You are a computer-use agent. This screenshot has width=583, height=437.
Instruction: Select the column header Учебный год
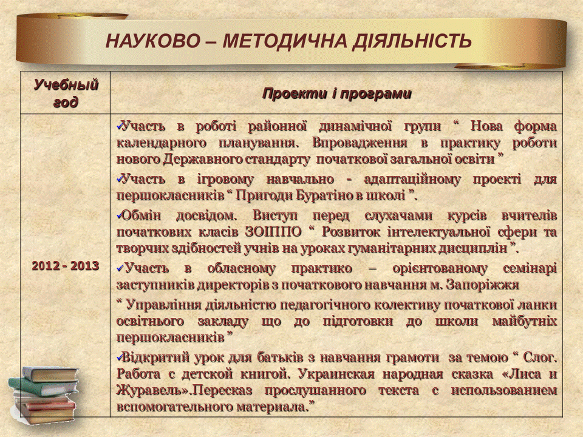[66, 93]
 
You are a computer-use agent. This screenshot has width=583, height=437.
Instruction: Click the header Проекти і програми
[337, 93]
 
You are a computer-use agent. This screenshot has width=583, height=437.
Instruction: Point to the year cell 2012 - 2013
[66, 266]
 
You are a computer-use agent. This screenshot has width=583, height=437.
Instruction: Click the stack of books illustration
[44, 395]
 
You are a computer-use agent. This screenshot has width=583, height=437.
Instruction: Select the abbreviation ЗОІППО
[273, 232]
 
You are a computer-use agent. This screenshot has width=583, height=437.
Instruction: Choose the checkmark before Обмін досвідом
[119, 215]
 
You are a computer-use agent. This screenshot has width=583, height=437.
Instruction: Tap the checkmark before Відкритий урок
[119, 357]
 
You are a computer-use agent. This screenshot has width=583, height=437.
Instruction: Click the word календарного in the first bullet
[162, 143]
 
